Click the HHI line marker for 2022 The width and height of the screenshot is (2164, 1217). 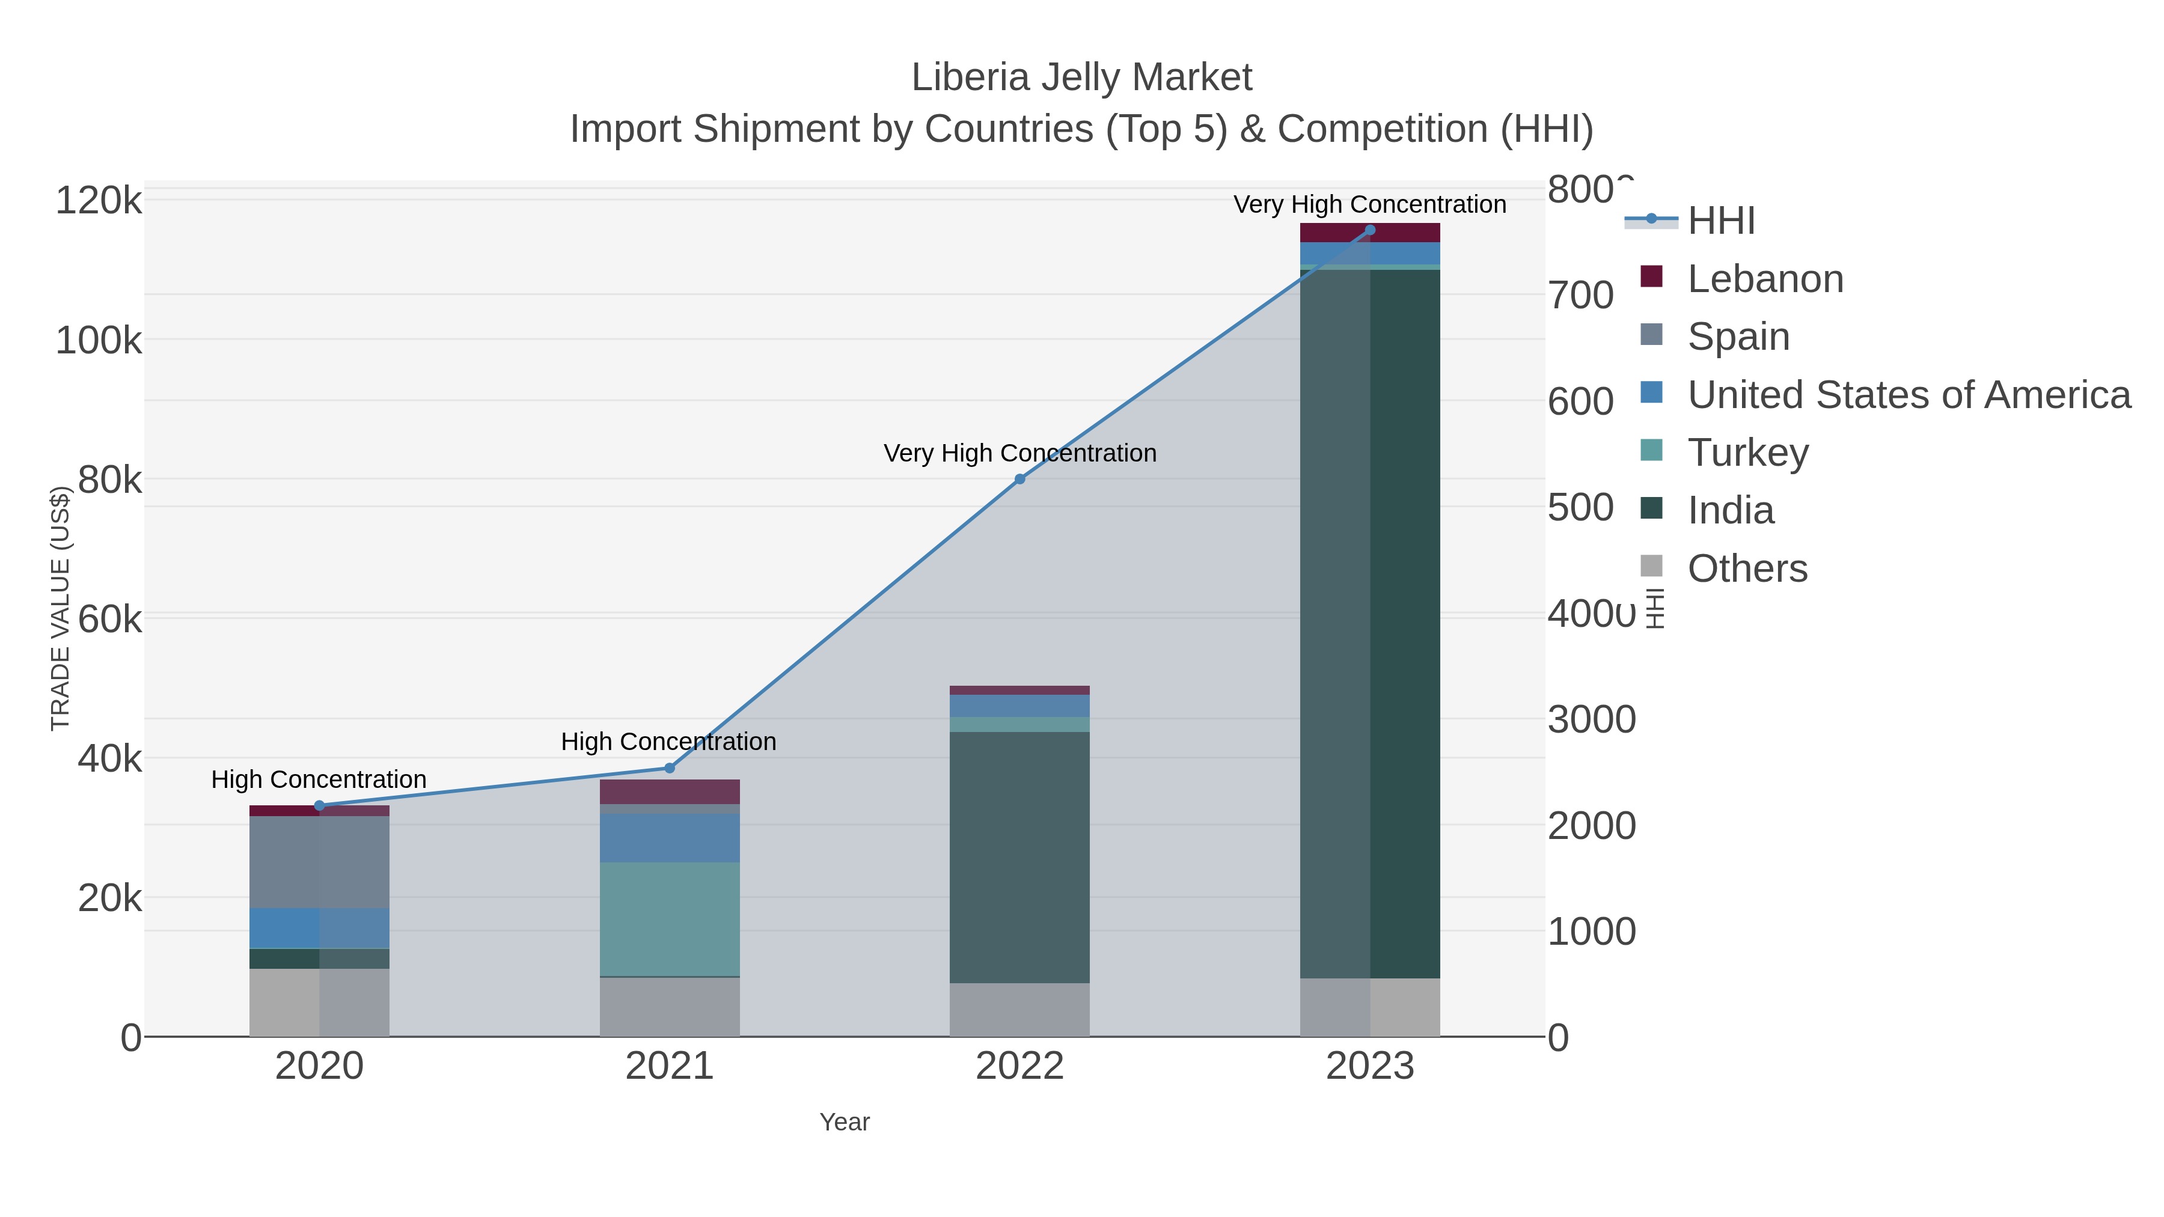click(1020, 479)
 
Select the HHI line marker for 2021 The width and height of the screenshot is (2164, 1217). click(670, 767)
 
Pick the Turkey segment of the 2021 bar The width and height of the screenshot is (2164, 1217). click(670, 919)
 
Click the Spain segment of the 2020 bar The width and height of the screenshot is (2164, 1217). click(319, 862)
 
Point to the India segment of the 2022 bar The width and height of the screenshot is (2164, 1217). click(1020, 856)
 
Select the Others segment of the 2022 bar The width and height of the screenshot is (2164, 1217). click(1020, 1010)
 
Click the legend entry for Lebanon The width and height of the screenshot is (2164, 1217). click(1765, 279)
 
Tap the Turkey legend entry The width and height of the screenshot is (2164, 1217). click(1747, 453)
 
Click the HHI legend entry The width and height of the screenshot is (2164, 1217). click(1720, 221)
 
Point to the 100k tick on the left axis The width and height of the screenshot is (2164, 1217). click(99, 341)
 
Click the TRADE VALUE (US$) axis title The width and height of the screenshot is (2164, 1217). click(61, 608)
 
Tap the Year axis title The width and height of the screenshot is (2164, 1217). click(845, 1122)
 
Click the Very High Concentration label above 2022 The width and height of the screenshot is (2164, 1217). click(1020, 454)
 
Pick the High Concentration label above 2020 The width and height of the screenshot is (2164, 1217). click(319, 779)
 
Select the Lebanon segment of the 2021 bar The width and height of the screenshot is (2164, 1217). click(670, 791)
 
